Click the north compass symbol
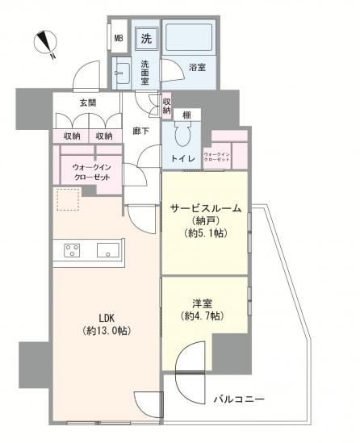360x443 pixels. point(46,44)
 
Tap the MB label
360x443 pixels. point(118,38)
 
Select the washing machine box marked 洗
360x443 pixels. point(145,37)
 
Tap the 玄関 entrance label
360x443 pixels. point(88,102)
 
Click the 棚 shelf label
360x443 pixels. point(186,115)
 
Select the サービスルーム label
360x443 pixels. point(205,207)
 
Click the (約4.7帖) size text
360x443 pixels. point(202,316)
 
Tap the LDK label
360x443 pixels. point(106,316)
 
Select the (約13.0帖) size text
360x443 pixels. point(106,330)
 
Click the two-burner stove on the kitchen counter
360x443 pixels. point(71,249)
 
